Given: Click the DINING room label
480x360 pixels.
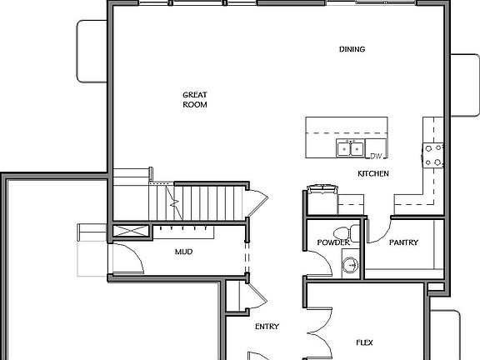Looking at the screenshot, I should [352, 49].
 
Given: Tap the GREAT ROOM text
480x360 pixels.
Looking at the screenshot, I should [195, 100].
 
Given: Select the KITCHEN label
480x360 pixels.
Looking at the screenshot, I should [372, 173].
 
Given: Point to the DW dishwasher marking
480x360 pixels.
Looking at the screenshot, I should [376, 156].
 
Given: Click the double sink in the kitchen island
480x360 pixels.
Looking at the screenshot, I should [350, 148].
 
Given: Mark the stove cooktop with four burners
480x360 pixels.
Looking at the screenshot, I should [433, 155].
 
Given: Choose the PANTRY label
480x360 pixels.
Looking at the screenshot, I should [403, 242].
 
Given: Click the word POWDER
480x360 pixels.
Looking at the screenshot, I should [332, 242].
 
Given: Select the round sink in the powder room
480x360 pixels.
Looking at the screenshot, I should [351, 266].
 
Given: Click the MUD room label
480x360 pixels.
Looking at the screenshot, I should [184, 251].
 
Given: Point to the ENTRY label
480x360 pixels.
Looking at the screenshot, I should [267, 326].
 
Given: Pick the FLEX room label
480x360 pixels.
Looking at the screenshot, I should [364, 342].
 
